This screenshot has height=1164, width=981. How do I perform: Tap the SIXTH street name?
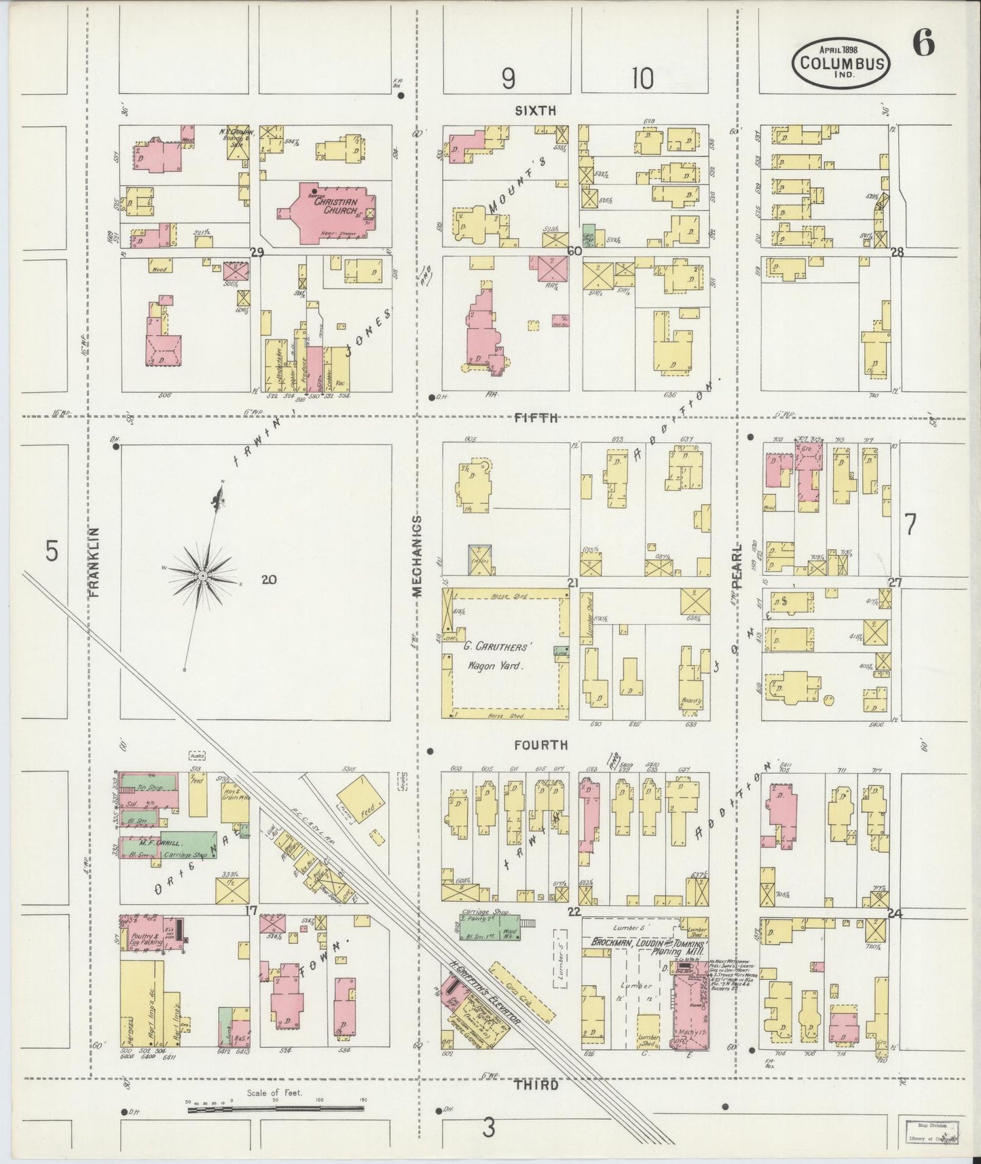pyautogui.click(x=536, y=109)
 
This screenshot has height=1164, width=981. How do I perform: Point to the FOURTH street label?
pyautogui.click(x=540, y=745)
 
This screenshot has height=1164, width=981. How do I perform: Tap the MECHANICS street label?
pyautogui.click(x=417, y=556)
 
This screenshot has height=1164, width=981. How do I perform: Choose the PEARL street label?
pyautogui.click(x=738, y=564)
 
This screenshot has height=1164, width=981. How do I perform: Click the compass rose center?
pyautogui.click(x=202, y=576)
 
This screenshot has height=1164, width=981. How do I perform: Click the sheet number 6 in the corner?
pyautogui.click(x=923, y=43)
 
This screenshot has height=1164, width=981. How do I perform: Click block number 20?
pyautogui.click(x=269, y=579)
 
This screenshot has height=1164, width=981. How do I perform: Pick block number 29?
pyautogui.click(x=257, y=252)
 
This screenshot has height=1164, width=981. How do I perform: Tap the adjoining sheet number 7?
pyautogui.click(x=910, y=524)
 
